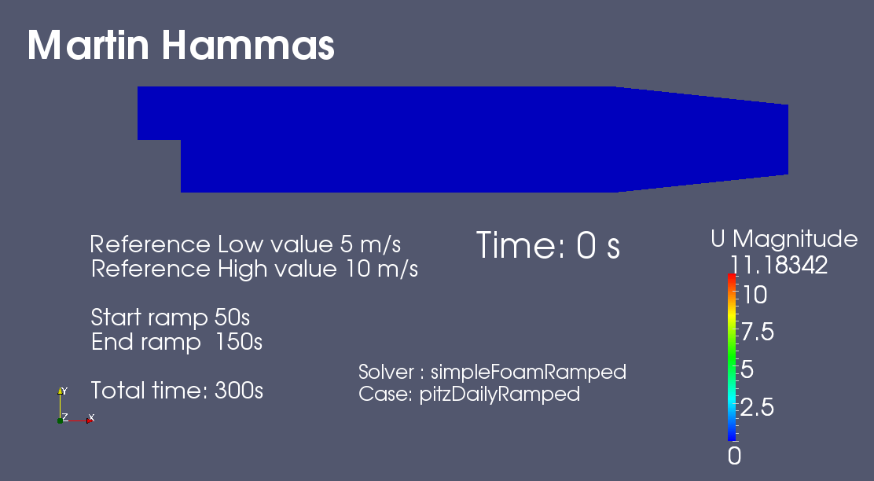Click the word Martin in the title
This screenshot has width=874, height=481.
88,45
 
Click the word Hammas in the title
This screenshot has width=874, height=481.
248,45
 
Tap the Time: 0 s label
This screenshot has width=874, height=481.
548,245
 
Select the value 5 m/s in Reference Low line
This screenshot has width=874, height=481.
370,244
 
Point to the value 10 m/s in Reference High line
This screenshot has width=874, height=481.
382,269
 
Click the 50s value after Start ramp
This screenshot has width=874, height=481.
232,318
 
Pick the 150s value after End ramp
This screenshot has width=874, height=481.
239,342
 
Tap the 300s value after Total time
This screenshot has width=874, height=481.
239,390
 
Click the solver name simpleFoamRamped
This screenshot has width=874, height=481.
528,372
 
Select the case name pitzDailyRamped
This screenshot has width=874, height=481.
499,394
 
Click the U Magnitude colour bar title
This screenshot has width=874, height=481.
784,239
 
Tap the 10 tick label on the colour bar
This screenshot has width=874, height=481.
755,295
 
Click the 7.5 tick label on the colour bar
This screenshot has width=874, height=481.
758,332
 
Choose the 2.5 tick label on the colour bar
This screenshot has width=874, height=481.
758,407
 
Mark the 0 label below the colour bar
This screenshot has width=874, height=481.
735,456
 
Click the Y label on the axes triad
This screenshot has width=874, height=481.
64,391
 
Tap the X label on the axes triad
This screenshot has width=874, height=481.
91,417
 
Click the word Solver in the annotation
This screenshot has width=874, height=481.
386,372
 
